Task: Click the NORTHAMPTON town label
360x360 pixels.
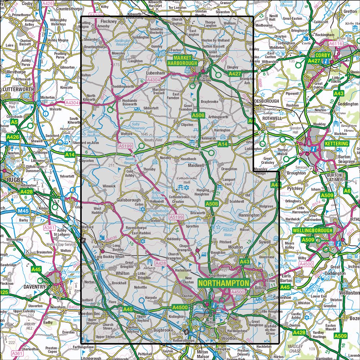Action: click(x=224, y=283)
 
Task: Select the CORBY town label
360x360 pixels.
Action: click(x=323, y=55)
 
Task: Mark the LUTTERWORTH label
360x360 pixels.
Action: click(x=18, y=89)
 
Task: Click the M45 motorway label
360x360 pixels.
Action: click(x=23, y=211)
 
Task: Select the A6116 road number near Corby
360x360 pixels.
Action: click(x=335, y=43)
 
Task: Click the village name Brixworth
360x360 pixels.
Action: click(x=197, y=213)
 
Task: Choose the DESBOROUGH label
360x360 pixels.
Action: click(x=266, y=101)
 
